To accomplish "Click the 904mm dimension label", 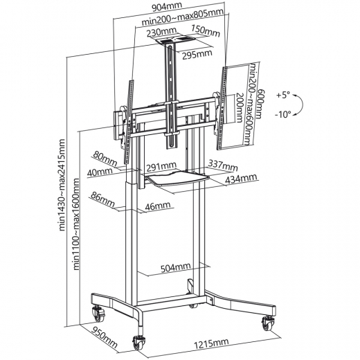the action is pos(167,7).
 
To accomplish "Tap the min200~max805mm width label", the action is pos(183,17).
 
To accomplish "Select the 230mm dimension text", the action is pos(161,31).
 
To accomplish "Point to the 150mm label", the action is pos(206,31).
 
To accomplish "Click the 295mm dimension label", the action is pos(197,55).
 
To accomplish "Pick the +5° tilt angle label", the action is pos(283,95).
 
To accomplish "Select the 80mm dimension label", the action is pos(105,159).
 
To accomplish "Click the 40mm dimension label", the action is pos(100,172).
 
